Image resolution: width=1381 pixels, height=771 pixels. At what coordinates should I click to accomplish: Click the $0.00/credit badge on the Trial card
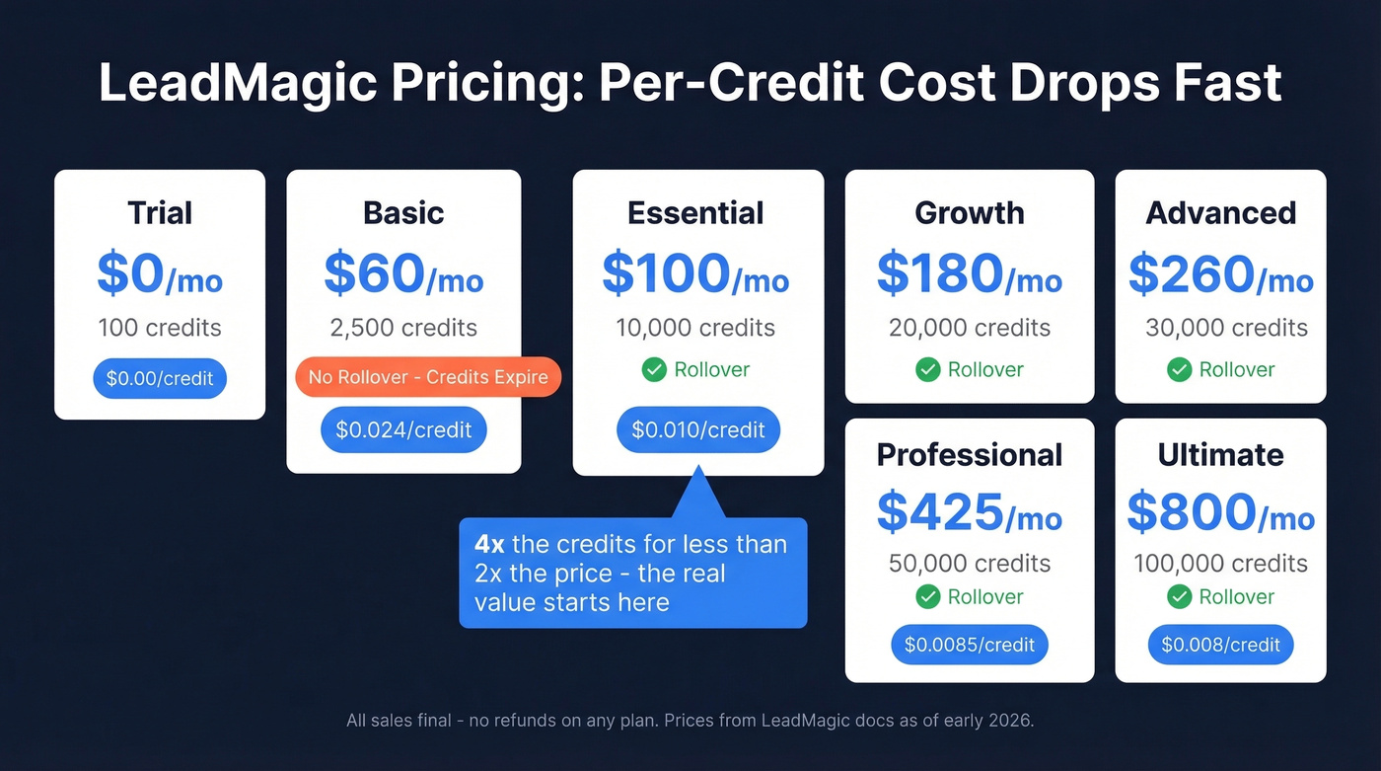160,379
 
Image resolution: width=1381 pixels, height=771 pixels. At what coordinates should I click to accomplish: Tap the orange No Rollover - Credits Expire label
427,377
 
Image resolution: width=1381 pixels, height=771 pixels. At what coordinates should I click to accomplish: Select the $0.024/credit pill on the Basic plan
403,429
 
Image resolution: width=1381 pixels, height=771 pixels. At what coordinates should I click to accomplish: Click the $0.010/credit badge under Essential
697,429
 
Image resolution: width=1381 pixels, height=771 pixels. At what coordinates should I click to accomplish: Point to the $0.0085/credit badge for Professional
969,645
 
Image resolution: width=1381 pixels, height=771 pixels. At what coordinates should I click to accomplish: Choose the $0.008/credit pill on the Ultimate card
1220,645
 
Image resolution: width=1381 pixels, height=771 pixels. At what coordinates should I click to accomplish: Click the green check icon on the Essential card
654,369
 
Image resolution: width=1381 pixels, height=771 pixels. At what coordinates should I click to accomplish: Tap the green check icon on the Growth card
927,369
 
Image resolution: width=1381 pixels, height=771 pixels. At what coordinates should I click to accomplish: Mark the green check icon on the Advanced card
1179,369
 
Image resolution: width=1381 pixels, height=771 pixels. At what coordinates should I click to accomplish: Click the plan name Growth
970,213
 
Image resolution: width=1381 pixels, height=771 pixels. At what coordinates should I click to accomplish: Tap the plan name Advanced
1220,213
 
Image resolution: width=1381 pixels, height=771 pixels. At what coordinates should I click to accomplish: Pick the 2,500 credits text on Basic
403,328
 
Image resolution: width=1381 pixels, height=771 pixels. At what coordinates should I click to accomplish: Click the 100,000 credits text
1220,564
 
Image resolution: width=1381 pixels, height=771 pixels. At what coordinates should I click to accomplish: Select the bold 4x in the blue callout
488,544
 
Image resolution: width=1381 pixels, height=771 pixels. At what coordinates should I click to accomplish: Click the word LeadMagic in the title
237,83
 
